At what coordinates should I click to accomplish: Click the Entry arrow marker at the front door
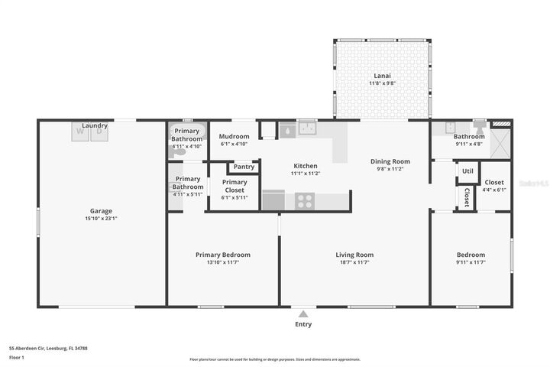click(x=303, y=313)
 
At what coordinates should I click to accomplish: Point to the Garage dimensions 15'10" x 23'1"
click(x=102, y=219)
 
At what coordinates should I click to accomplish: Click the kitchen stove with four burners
click(x=305, y=201)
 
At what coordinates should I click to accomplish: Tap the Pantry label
click(x=244, y=167)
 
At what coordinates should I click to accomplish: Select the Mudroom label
click(x=235, y=136)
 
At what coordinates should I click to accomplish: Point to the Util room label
click(x=467, y=171)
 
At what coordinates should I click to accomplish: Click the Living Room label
click(x=354, y=255)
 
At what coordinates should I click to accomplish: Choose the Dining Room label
click(x=390, y=161)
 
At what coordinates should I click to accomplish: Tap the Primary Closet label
click(x=235, y=186)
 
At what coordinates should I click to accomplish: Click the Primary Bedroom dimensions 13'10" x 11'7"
click(x=223, y=263)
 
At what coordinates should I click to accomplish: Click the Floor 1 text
click(x=17, y=357)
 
